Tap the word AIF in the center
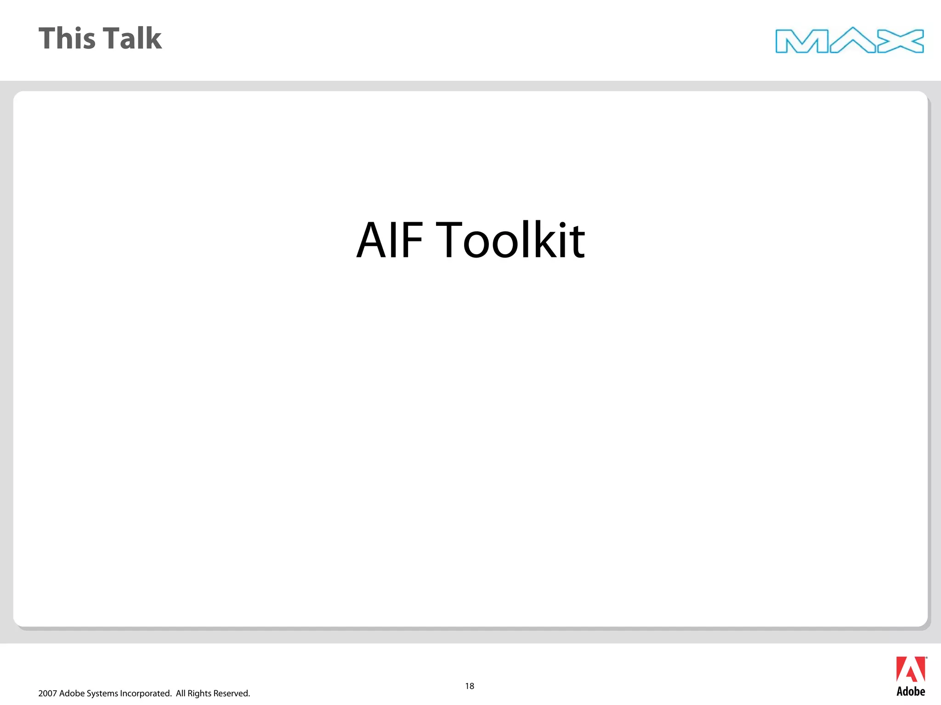click(390, 240)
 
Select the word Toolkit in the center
click(510, 240)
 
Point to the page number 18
click(470, 686)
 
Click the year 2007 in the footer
click(48, 694)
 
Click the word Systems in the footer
click(102, 694)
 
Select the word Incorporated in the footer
click(145, 694)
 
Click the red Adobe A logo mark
click(911, 670)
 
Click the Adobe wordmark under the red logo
click(911, 692)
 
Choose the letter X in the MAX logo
click(901, 41)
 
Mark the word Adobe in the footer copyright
click(72, 694)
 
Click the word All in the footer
click(181, 694)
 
